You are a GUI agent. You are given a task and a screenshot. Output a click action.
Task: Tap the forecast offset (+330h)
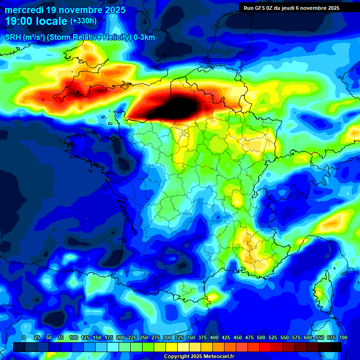83,21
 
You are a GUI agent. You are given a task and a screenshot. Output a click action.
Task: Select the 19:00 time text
20,21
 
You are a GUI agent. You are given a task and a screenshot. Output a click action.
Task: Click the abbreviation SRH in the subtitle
13,37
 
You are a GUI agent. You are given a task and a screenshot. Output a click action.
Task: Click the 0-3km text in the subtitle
144,37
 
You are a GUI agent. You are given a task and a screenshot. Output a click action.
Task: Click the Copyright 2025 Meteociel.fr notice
199,356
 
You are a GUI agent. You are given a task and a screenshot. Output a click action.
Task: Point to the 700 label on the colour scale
343,337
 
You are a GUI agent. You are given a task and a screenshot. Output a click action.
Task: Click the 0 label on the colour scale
24,337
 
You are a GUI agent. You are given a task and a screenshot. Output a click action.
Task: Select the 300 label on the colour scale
167,337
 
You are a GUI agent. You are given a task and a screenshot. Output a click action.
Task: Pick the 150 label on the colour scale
97,337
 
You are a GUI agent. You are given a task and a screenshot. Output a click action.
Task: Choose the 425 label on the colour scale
226,337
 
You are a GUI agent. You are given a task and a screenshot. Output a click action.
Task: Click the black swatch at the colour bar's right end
335,347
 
